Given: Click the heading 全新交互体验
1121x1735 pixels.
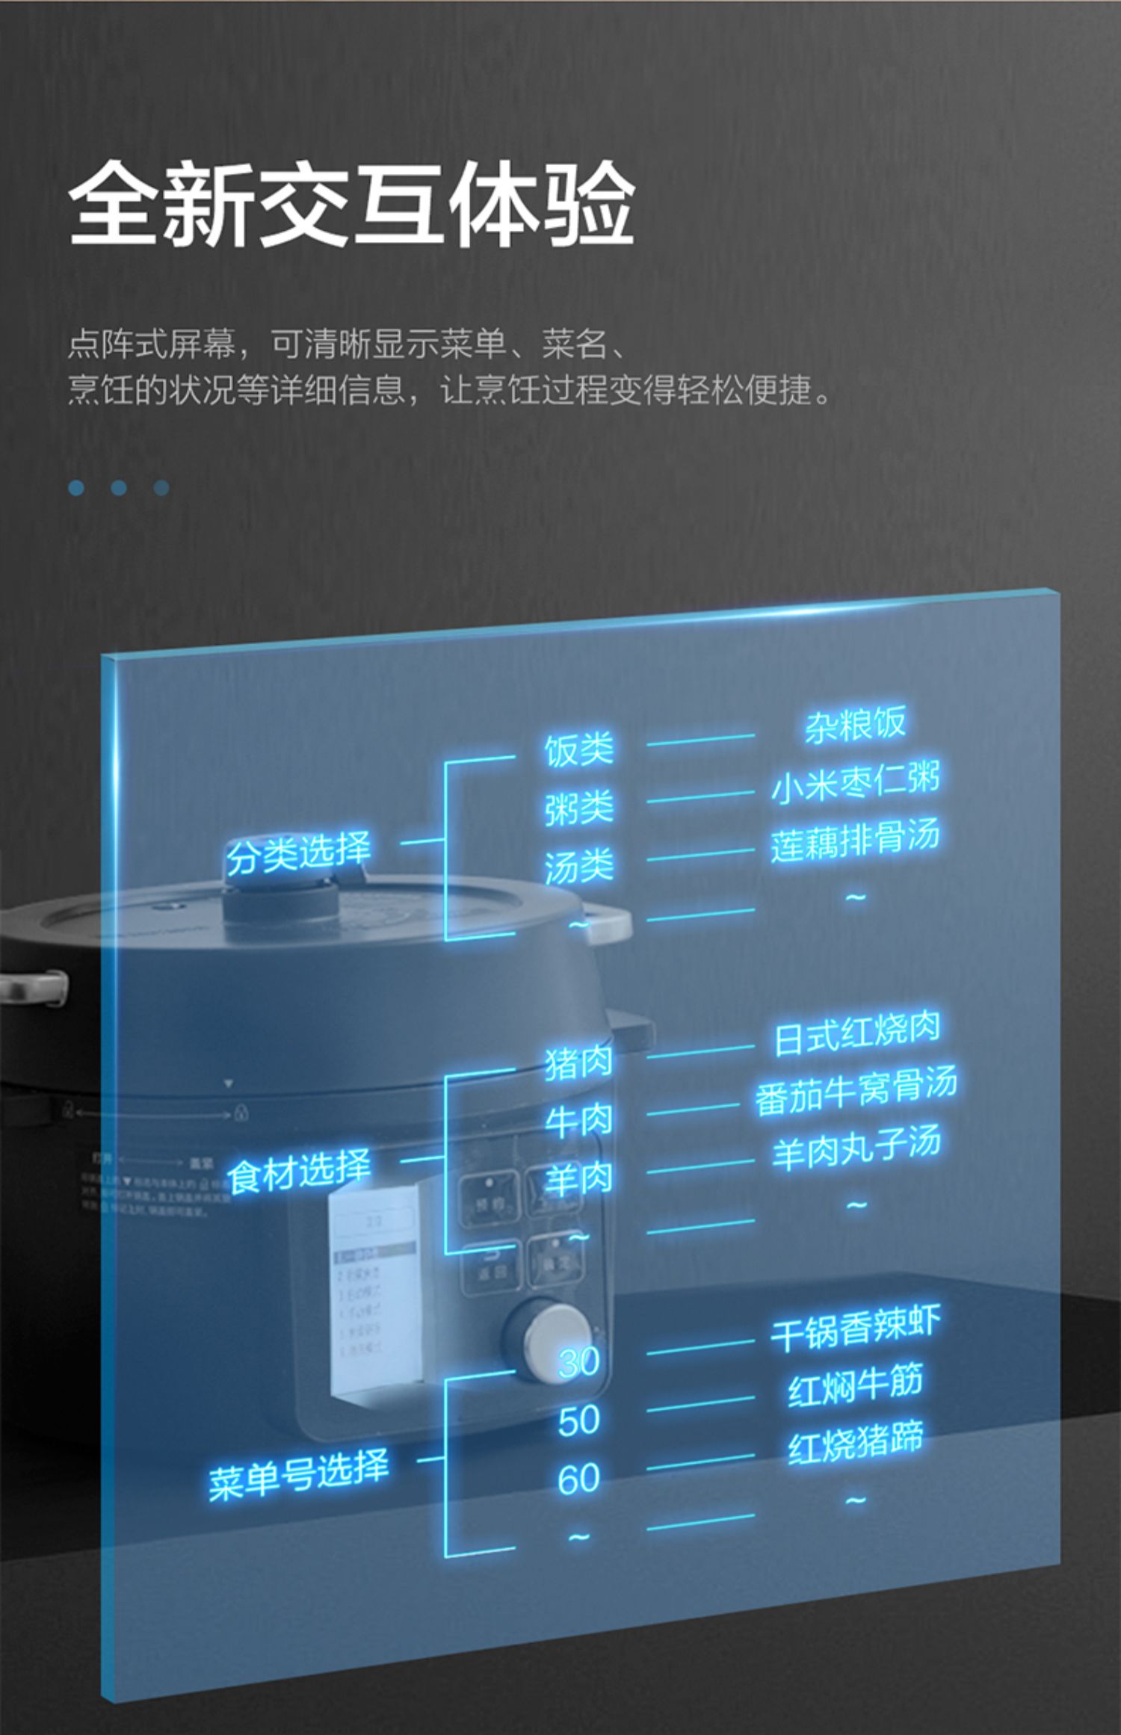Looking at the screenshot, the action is coord(351,203).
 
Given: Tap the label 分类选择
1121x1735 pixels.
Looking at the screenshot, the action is coord(298,853).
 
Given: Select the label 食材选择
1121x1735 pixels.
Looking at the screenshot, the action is coord(298,1171).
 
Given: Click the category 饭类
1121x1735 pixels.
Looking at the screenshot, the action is coord(578,749).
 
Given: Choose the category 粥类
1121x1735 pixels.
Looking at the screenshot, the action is coord(578,808).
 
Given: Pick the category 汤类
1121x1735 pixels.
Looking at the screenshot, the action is coord(578,867).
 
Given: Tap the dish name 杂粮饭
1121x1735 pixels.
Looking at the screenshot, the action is coord(855,724).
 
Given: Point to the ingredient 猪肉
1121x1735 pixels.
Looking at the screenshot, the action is coord(578,1062).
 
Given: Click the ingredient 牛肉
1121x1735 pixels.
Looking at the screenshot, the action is coord(578,1121).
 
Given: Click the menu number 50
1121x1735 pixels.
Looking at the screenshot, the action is coord(578,1420).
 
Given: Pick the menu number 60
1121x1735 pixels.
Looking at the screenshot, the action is coord(578,1479).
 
